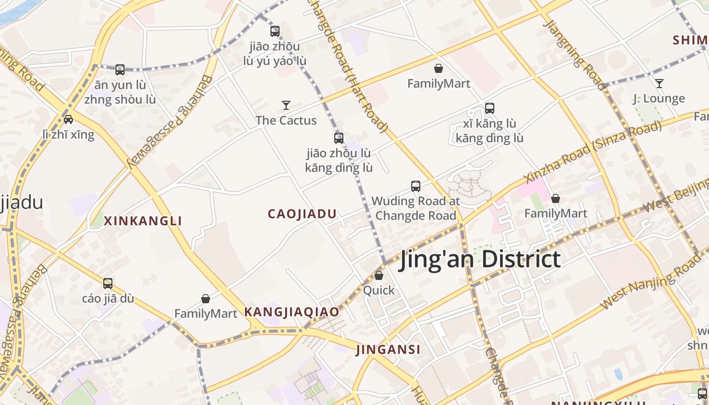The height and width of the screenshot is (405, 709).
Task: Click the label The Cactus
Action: [286, 120]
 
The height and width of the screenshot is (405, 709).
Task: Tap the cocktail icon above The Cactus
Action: [286, 105]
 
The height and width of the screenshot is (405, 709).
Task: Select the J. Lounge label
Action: [659, 99]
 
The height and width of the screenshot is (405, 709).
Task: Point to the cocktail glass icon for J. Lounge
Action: [659, 84]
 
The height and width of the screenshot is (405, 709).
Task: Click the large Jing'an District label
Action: [480, 259]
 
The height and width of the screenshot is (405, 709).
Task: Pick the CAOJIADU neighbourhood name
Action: [302, 214]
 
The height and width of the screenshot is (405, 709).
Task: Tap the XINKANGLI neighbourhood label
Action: [143, 221]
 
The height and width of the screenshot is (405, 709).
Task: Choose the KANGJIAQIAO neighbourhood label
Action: [292, 312]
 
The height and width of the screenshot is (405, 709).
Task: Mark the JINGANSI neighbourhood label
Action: [388, 349]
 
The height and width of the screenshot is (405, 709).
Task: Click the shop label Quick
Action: [379, 291]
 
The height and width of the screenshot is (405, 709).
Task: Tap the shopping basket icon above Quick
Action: [379, 275]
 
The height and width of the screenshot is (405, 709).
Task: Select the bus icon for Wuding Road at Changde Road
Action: [416, 186]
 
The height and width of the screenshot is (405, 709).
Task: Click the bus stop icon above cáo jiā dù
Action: [108, 283]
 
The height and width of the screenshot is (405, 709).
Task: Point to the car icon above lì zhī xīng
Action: [68, 119]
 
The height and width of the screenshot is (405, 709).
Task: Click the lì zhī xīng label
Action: [68, 135]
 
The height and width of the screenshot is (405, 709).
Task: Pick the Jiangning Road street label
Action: [574, 55]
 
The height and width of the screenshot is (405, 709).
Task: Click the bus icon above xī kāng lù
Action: [489, 108]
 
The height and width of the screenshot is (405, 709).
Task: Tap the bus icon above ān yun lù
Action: [120, 70]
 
